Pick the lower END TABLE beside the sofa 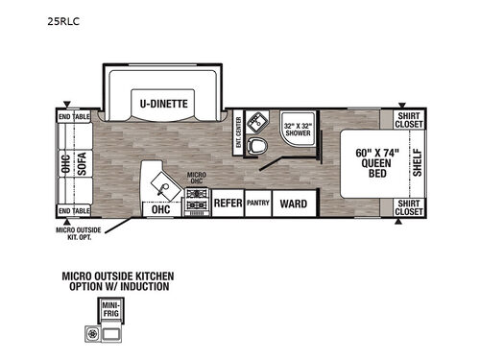74,210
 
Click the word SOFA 83,163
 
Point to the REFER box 227,204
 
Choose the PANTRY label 257,204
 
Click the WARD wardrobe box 293,204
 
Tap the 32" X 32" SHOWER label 296,129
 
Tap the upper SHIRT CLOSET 408,119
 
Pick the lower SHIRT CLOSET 408,207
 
